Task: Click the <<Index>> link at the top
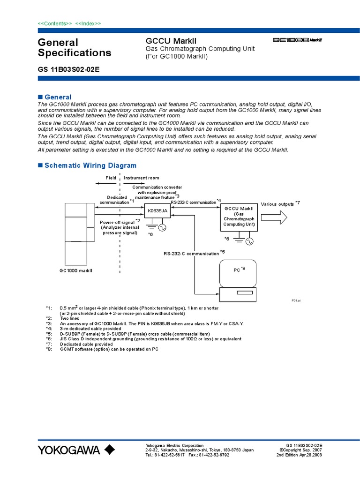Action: (x=88, y=23)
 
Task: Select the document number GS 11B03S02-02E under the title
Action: (x=68, y=69)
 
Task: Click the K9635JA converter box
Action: (x=157, y=211)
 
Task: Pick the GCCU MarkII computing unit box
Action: (x=239, y=217)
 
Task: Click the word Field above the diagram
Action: (x=111, y=178)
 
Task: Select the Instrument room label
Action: (x=141, y=178)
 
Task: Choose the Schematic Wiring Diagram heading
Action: (x=90, y=165)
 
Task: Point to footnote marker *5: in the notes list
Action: (x=49, y=334)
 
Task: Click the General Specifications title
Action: (x=74, y=47)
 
